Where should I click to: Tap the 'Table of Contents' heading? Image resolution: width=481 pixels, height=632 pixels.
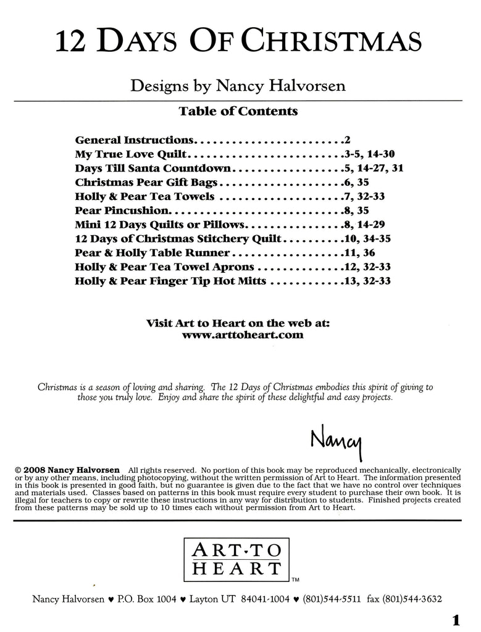(x=238, y=112)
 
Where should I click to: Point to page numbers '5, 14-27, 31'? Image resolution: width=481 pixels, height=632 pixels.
(x=374, y=168)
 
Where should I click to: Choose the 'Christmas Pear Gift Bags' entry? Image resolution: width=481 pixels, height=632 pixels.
(x=147, y=182)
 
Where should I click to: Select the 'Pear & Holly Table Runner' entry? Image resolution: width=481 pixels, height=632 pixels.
(x=152, y=253)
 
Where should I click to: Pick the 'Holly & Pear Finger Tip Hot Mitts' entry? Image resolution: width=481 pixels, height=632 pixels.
(x=170, y=281)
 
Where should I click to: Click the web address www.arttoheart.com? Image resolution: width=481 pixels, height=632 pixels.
(x=243, y=335)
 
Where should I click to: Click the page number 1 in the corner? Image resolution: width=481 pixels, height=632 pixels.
(x=456, y=620)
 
